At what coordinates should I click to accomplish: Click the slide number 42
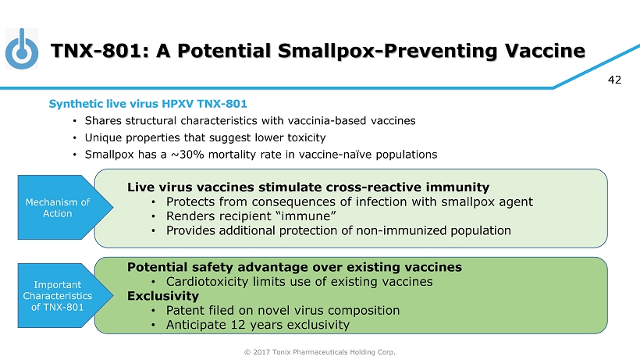pos(614,80)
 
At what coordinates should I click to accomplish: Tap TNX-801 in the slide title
pos(96,51)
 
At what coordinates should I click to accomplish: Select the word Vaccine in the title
pos(545,51)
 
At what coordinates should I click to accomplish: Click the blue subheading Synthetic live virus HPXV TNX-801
pos(148,104)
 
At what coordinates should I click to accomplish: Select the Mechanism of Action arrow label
pos(58,208)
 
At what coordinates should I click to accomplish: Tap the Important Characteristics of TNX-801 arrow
pos(66,295)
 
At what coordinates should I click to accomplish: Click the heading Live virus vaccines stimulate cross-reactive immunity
pos(308,187)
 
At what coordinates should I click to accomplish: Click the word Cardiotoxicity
pos(208,282)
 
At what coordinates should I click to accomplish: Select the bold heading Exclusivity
pos(163,296)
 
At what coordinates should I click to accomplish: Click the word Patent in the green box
pos(183,311)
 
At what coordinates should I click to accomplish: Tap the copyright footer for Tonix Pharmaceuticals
pos(319,352)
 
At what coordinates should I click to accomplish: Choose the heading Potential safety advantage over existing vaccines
pos(295,267)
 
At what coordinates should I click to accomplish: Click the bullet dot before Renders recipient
pos(154,216)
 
